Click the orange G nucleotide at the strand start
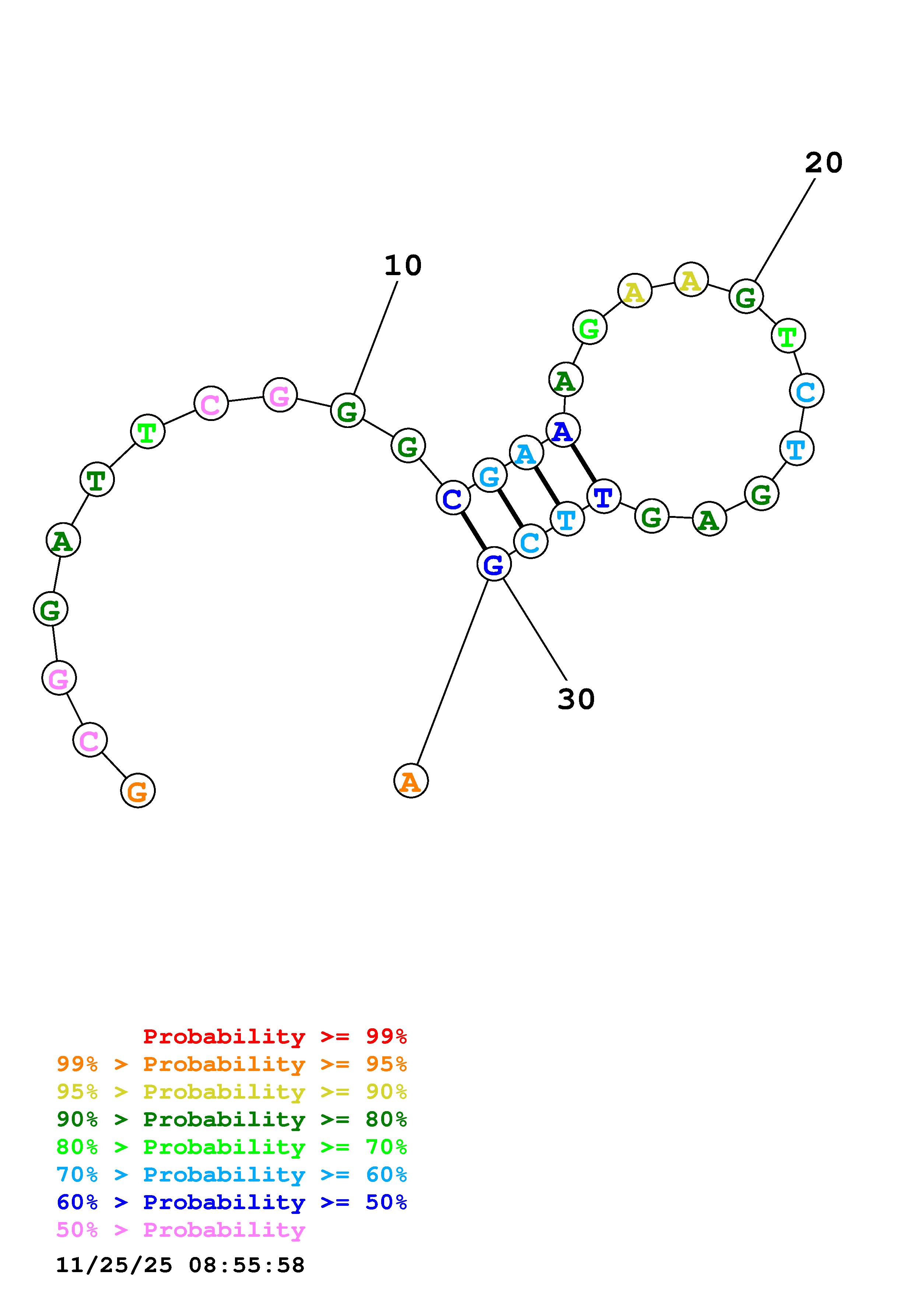coord(138,791)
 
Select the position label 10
coord(403,266)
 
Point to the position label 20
coord(824,163)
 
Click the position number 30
coord(576,699)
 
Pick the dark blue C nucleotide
coord(453,498)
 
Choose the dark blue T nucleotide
coord(604,497)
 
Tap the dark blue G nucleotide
coord(494,564)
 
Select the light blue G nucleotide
coord(490,475)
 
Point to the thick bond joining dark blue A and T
coord(583,463)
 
